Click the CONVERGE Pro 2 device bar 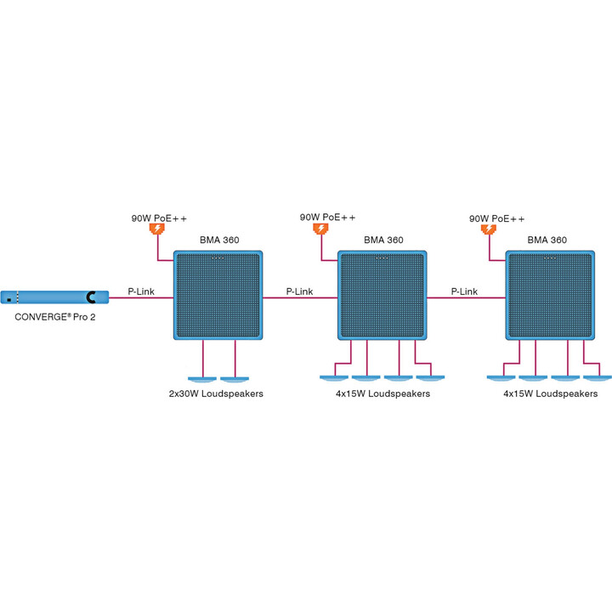click(54, 297)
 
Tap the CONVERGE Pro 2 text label click(55, 317)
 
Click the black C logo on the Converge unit click(91, 297)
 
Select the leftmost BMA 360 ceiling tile click(218, 295)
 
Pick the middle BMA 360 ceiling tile click(382, 295)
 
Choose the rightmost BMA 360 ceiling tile click(550, 295)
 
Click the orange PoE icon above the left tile click(157, 229)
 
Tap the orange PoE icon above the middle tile click(320, 229)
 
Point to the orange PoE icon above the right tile click(489, 229)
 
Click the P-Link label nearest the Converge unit click(141, 292)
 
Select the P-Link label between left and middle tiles click(300, 292)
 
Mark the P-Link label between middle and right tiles click(464, 292)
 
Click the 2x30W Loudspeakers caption click(216, 394)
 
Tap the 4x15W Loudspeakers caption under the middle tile click(382, 394)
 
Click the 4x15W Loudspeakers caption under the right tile click(550, 394)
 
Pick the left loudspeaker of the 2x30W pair click(202, 379)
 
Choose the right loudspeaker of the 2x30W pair click(235, 379)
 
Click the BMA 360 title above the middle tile click(383, 240)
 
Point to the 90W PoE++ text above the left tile click(159, 218)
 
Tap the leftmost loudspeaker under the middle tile click(334, 377)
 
